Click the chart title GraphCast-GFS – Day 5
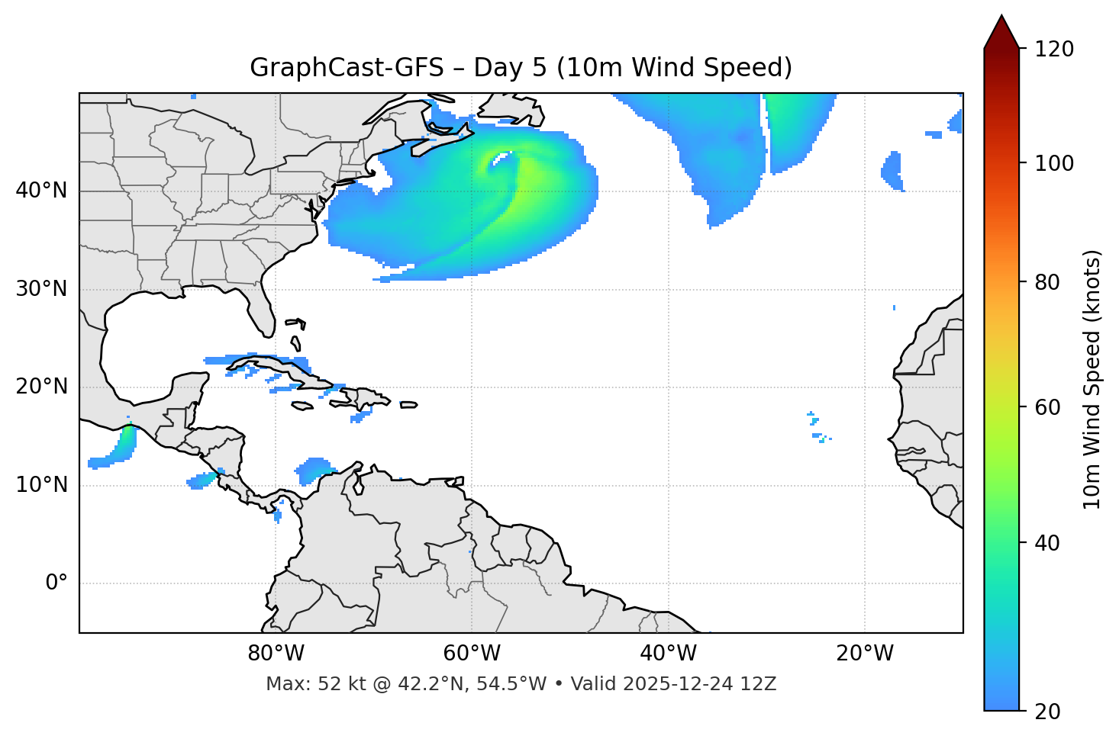point(521,68)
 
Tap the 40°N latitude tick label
point(41,191)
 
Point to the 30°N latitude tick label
point(41,289)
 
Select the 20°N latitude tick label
point(41,387)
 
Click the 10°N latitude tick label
point(41,485)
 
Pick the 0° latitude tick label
point(56,583)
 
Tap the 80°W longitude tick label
point(276,654)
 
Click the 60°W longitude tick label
point(472,654)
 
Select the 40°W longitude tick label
point(668,654)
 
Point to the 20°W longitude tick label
point(864,654)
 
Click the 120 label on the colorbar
point(1054,50)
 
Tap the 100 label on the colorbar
point(1054,163)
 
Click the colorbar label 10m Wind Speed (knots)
point(1092,379)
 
